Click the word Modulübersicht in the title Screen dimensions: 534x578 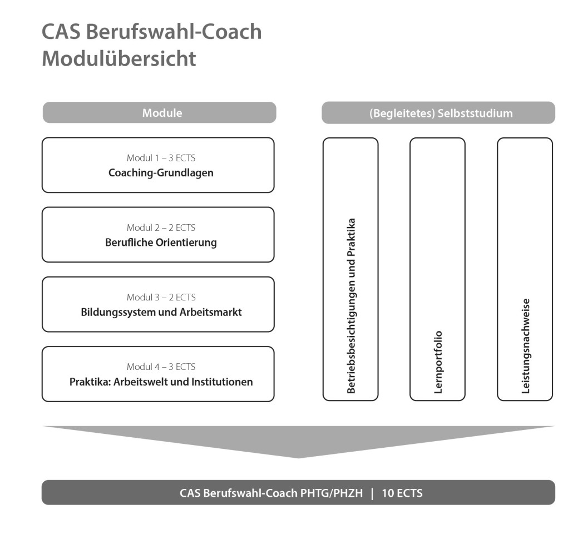[119, 59]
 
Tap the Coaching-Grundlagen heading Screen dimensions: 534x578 [161, 173]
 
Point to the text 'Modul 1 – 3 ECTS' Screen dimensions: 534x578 [161, 158]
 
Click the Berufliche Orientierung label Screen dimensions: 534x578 [161, 243]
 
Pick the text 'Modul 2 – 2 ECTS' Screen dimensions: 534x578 [161, 228]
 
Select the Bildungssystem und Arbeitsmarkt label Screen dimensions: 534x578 [161, 312]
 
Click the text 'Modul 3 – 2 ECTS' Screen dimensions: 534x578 [161, 297]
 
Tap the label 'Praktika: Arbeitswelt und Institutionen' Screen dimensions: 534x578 [161, 382]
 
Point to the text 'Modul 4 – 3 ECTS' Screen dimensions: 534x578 [161, 367]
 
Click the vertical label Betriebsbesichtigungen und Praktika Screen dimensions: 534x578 [351, 306]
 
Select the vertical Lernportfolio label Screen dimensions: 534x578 [438, 362]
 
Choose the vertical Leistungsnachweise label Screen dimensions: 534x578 [525, 346]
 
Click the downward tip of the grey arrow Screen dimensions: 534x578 [299, 456]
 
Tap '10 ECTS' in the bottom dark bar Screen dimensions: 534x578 [402, 493]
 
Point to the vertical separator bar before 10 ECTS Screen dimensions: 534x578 [372, 493]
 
